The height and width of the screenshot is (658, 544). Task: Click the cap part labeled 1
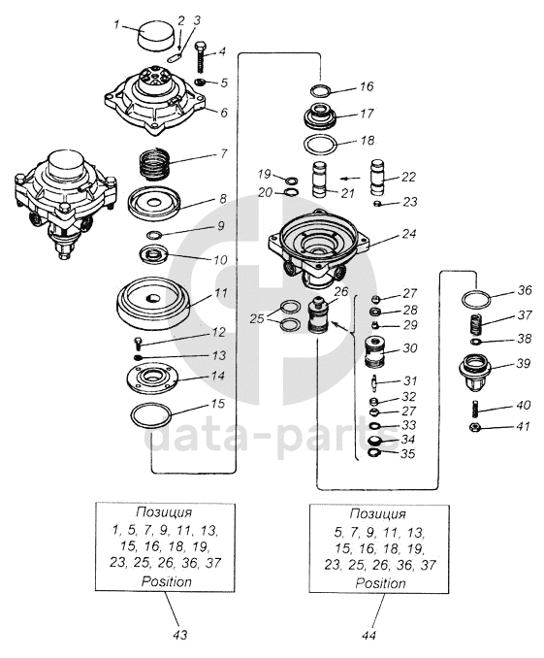155,35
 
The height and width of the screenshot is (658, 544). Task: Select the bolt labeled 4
201,57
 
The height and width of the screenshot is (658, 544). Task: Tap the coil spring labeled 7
155,164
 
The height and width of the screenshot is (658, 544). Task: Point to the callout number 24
408,233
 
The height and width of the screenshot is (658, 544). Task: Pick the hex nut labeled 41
475,427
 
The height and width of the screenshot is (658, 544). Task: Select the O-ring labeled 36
475,300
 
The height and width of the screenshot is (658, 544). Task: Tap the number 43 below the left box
179,636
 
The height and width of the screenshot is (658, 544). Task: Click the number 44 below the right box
368,636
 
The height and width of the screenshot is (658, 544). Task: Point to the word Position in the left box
167,581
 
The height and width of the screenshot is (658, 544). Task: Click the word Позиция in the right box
378,514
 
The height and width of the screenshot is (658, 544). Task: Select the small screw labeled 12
138,343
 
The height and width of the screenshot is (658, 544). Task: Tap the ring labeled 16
321,90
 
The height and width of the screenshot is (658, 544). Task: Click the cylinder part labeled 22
377,177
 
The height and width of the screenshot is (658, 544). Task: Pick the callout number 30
410,347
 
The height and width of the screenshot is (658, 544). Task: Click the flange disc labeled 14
152,378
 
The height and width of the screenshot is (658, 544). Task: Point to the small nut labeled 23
377,204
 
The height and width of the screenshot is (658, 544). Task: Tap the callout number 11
221,292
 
